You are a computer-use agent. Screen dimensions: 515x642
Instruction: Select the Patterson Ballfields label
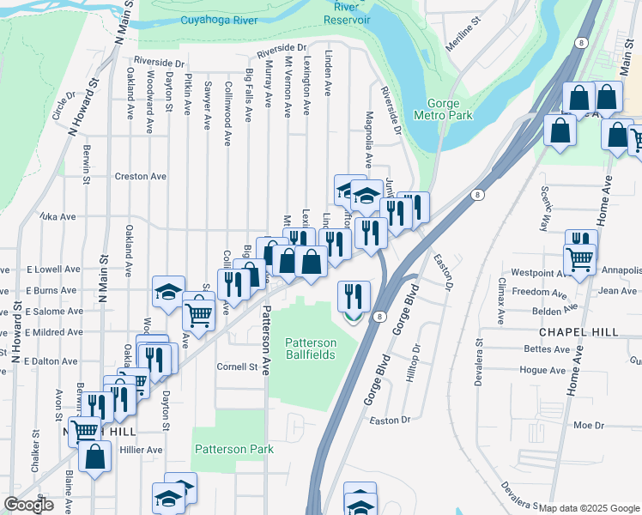(311, 348)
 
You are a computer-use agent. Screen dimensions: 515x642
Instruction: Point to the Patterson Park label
(233, 449)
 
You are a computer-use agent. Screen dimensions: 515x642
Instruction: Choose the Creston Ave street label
(140, 176)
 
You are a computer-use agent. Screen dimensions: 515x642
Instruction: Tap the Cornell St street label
(237, 367)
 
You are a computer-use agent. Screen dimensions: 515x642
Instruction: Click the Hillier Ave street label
(142, 449)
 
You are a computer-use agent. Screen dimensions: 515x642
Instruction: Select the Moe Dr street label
(589, 425)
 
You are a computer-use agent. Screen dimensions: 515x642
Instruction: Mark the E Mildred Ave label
(53, 331)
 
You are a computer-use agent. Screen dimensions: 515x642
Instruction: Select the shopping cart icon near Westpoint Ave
(580, 258)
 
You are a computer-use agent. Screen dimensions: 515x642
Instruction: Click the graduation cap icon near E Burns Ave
(169, 292)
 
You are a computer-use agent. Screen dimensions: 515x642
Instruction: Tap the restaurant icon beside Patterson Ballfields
(354, 297)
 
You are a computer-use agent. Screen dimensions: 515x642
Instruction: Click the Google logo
(28, 505)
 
